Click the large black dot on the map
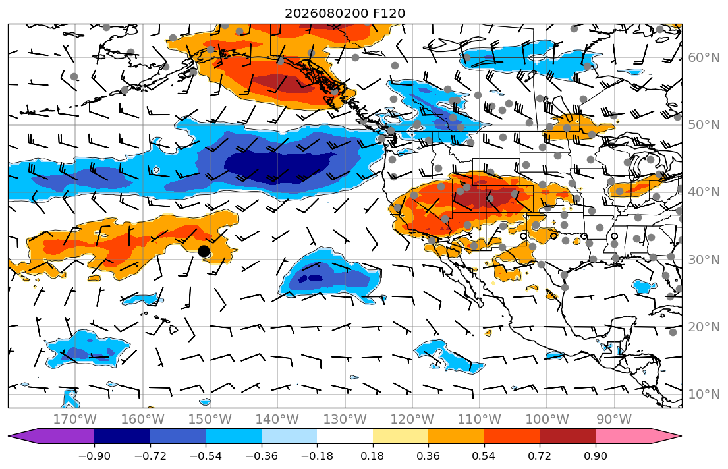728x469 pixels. click(204, 251)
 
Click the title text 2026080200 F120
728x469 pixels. click(345, 13)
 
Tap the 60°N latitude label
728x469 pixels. click(704, 57)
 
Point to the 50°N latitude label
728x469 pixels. click(704, 125)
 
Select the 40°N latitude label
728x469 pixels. click(704, 192)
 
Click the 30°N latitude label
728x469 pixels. click(704, 260)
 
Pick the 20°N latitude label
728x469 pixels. click(704, 327)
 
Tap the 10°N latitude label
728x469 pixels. click(704, 395)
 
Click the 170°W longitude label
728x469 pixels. click(75, 420)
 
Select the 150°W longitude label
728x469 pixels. click(210, 420)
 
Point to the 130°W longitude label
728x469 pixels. click(345, 420)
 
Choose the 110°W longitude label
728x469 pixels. click(480, 420)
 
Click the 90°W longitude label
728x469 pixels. click(614, 420)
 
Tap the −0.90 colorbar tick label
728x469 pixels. click(94, 456)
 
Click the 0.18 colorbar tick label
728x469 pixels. click(373, 456)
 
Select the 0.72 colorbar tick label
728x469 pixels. click(540, 456)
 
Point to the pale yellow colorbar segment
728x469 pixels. click(400, 436)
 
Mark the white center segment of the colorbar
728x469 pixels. click(345, 436)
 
